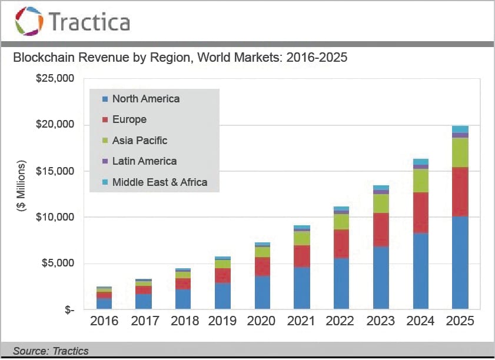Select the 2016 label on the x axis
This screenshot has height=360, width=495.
coord(104,321)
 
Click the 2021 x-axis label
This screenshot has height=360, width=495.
coord(302,321)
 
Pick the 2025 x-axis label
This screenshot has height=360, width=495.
coord(460,321)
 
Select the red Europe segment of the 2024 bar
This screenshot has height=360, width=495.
coord(420,213)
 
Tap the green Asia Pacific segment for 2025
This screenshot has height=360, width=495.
coord(460,152)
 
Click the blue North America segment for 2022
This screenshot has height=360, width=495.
coord(341,284)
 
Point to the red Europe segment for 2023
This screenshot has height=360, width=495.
coord(381,229)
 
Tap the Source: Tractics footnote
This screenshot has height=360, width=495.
coord(51,351)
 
